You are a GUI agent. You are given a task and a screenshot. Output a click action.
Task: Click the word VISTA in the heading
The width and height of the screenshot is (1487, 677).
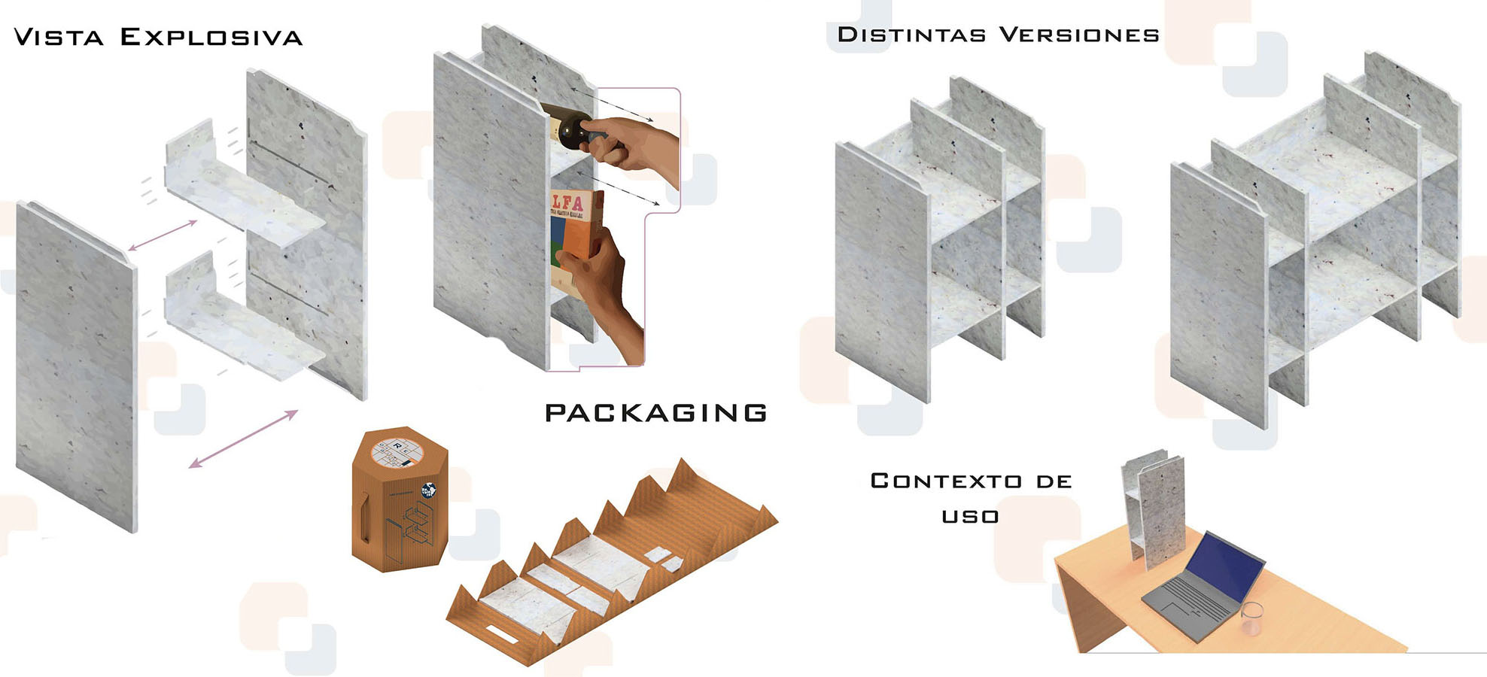pyautogui.click(x=58, y=37)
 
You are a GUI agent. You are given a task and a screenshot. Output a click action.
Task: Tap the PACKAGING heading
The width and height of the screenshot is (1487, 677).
pyautogui.click(x=655, y=412)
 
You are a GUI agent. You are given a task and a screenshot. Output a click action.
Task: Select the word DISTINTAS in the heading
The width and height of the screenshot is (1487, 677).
pyautogui.click(x=911, y=35)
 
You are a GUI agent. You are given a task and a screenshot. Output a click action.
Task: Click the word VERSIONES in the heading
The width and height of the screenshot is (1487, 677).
pyautogui.click(x=1078, y=35)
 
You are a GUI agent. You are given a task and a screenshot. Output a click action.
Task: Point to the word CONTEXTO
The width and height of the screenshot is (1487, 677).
pyautogui.click(x=946, y=481)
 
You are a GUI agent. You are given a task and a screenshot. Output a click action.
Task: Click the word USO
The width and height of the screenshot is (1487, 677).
pyautogui.click(x=970, y=516)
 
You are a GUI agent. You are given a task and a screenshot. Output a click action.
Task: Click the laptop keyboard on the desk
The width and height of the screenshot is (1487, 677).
pyautogui.click(x=1189, y=602)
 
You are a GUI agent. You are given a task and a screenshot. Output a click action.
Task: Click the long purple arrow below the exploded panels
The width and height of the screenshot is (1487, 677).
pyautogui.click(x=243, y=439)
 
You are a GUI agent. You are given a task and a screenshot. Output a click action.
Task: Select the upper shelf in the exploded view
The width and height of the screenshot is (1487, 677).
pyautogui.click(x=245, y=196)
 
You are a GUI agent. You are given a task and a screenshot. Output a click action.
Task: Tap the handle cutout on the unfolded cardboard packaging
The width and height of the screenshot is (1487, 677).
pyautogui.click(x=503, y=635)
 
